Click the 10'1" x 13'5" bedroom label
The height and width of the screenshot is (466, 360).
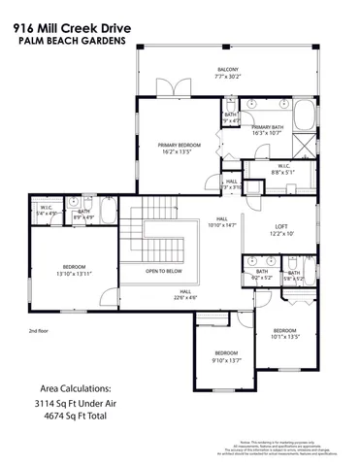[285, 334]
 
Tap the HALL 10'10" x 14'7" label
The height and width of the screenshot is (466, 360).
[221, 221]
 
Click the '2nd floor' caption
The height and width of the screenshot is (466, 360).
[40, 331]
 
